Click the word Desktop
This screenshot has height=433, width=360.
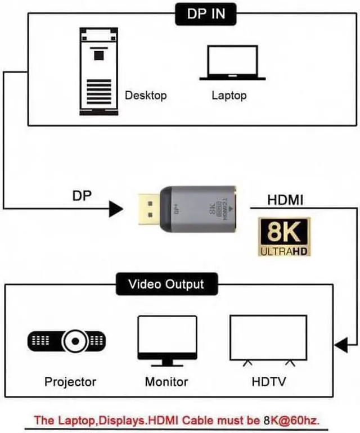(146, 95)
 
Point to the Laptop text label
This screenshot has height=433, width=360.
(229, 95)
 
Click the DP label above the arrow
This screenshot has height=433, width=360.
(82, 196)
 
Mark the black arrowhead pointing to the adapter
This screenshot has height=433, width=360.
(115, 210)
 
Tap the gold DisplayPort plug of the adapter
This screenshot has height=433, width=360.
(148, 210)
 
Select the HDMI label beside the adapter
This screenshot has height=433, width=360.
(286, 200)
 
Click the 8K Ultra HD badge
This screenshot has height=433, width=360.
(284, 237)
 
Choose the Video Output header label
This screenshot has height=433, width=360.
(166, 283)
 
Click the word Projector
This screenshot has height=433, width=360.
(70, 382)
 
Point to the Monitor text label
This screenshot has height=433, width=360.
(166, 382)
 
